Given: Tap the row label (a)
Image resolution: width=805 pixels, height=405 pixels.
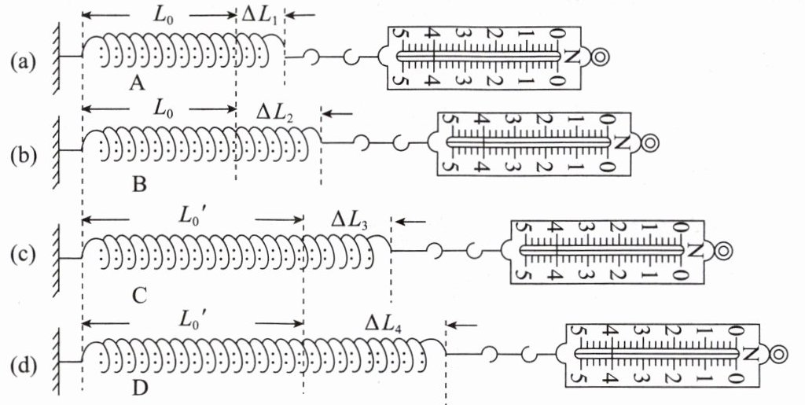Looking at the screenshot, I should tap(24, 60).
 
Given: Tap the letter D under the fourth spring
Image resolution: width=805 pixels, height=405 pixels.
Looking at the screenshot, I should tap(140, 388).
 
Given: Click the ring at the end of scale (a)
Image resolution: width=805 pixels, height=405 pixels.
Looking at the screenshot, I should tap(601, 57).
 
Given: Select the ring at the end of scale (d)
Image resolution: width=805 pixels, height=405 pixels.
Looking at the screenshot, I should tap(778, 355).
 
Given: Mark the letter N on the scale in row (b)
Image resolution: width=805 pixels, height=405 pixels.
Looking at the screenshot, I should tap(622, 143).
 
